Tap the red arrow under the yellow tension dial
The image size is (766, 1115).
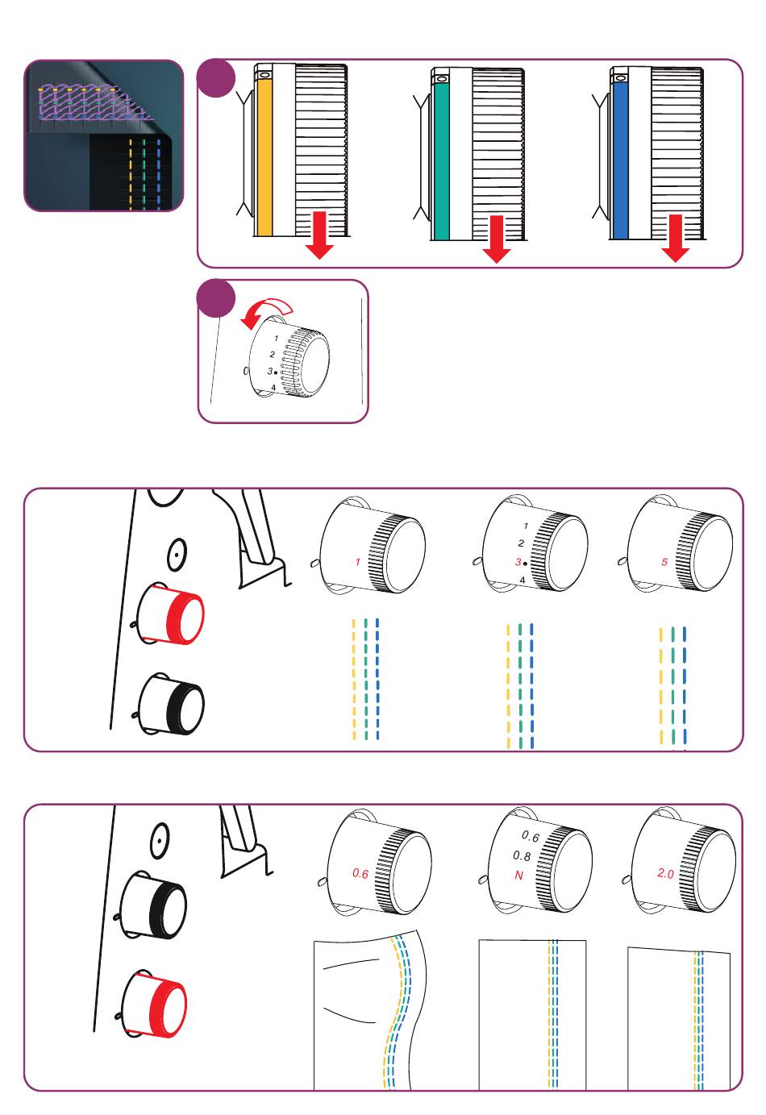(320, 235)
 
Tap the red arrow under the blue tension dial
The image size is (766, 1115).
(676, 238)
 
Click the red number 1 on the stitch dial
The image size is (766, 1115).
(358, 562)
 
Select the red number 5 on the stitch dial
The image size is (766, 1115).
(664, 562)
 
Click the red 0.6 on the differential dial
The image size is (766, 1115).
(360, 873)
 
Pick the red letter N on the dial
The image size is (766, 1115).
(518, 875)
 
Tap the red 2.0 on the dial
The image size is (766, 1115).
(665, 873)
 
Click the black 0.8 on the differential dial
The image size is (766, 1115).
(522, 856)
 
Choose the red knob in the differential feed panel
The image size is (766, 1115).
(156, 1006)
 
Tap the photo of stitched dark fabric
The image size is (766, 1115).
(104, 135)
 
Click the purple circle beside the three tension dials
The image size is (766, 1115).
(216, 79)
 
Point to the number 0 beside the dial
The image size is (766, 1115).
(246, 372)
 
